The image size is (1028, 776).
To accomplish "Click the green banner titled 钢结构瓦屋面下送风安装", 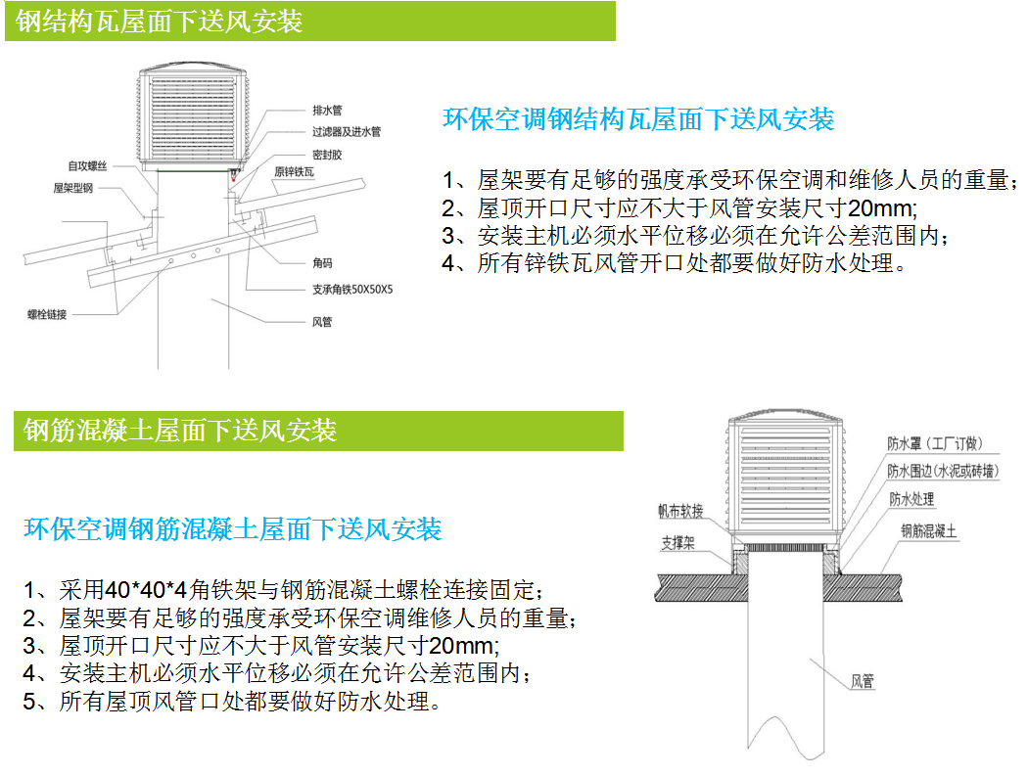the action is pos(310,21).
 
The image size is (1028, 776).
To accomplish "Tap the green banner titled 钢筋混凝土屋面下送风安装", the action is pos(318,431).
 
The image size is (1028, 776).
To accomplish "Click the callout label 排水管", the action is pos(327,111).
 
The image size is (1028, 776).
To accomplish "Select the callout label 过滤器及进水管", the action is pos(347,132).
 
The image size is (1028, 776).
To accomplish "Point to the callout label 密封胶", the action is pos(327,155).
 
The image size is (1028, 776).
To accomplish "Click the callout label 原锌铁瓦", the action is pos(294,171).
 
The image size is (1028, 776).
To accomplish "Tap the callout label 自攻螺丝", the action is pos(87,166).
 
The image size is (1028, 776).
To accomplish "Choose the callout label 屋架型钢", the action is pos(72,188).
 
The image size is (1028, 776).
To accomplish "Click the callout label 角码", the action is pos(322,263).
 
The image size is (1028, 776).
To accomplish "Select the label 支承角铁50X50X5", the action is pos(352,289).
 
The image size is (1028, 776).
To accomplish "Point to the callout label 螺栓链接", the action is pos(47,314).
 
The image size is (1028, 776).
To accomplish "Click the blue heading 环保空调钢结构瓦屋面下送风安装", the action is pos(638,119).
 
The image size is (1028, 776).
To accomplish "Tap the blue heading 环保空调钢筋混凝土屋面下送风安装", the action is pos(233,528).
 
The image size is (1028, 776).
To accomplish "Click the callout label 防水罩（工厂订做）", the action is pos(935,443).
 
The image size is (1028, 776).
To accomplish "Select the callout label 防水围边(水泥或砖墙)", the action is pos(943,472).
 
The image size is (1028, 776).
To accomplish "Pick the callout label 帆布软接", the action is pos(680,511).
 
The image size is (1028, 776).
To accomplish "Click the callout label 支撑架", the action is pos(678,543).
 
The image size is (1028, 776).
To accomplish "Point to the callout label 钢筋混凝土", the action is pos(928,531).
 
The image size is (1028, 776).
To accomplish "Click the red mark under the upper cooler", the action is pos(233,175).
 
